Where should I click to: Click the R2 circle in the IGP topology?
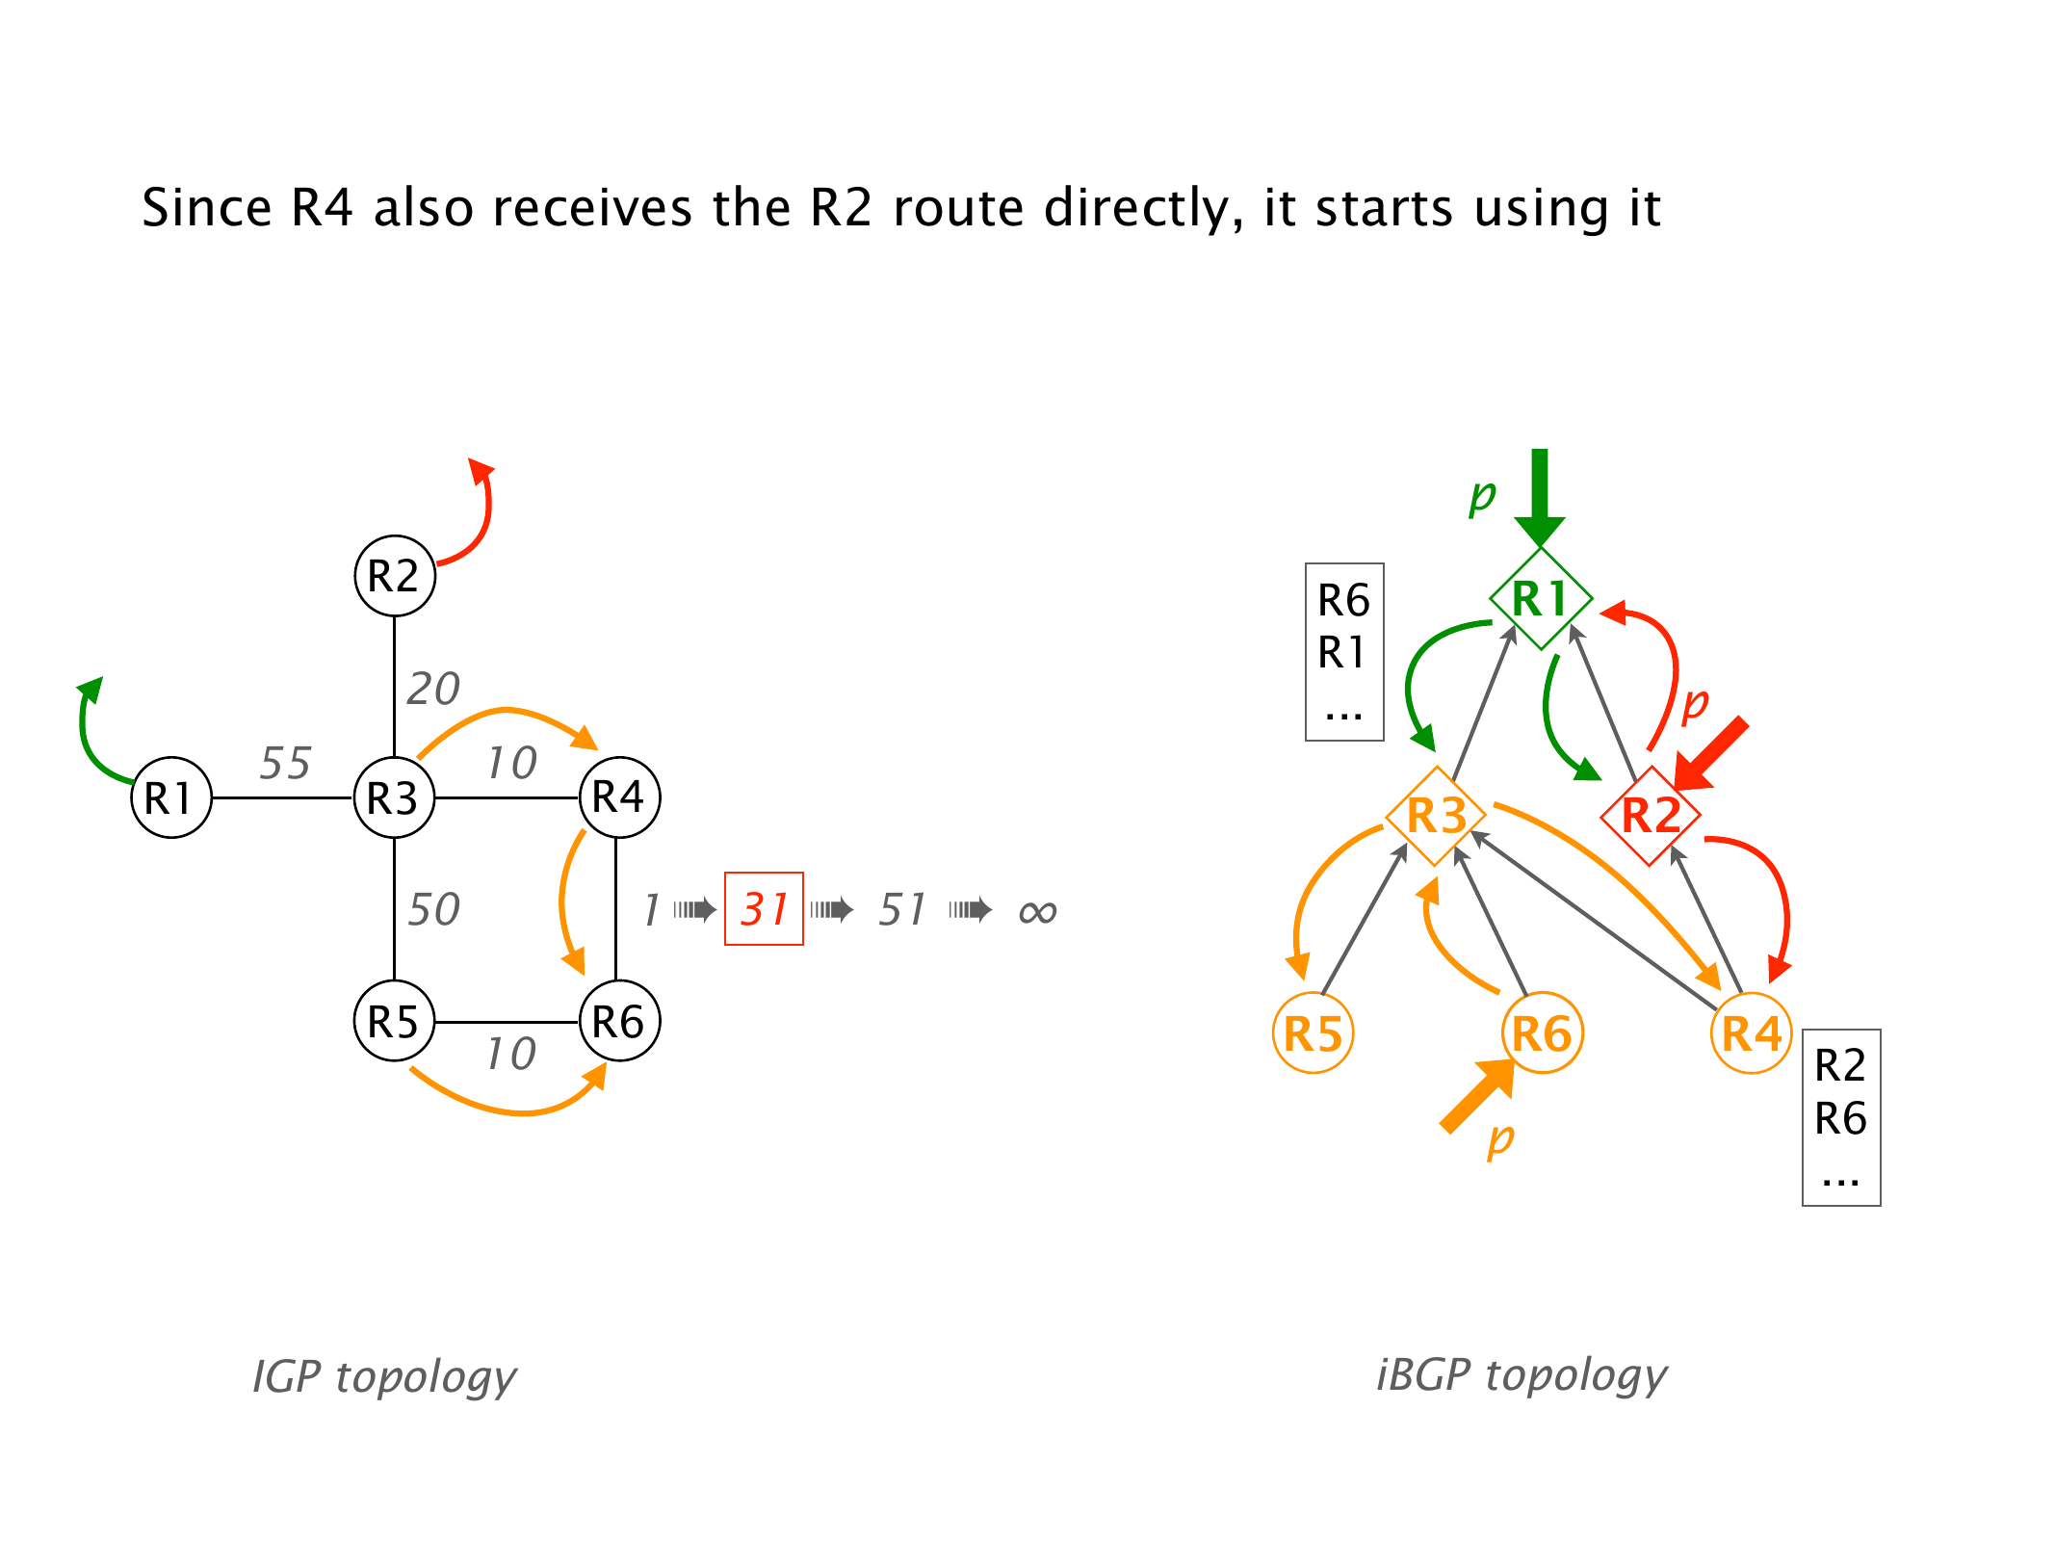tap(395, 576)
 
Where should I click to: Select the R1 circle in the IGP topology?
tap(171, 797)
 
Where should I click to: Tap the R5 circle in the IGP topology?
tap(395, 1021)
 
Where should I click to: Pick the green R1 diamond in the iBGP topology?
tap(1540, 598)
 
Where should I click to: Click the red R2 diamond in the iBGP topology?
tap(1651, 816)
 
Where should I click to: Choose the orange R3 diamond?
tap(1436, 816)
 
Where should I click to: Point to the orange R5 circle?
tap(1313, 1033)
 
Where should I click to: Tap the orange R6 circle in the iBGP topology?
tap(1542, 1033)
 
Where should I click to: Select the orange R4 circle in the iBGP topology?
tap(1752, 1033)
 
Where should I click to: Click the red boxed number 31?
tap(764, 909)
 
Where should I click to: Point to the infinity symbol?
tap(1037, 911)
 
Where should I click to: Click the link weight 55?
tap(285, 763)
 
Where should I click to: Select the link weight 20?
tap(433, 689)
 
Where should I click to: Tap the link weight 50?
tap(433, 909)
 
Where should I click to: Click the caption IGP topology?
tap(384, 1376)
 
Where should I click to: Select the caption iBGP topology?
tap(1522, 1374)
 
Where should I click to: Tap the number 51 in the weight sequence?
tap(901, 909)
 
